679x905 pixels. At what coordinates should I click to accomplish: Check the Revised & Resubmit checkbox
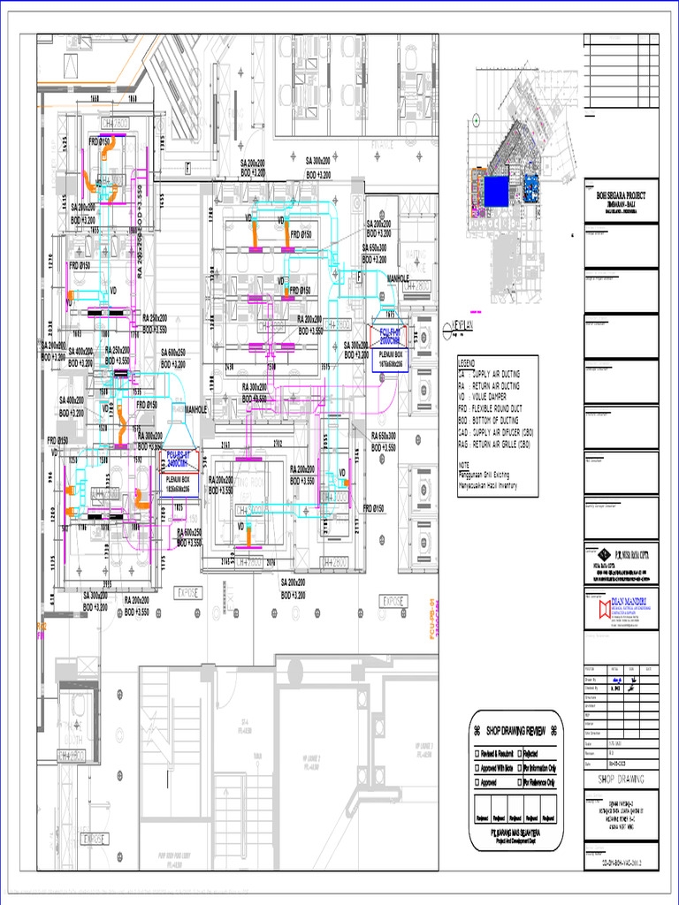478,754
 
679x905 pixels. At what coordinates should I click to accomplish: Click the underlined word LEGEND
466,363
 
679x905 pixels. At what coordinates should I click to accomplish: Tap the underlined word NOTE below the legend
464,464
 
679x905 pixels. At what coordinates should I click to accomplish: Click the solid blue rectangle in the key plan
495,189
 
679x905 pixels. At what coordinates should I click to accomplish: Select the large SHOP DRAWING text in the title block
621,779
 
